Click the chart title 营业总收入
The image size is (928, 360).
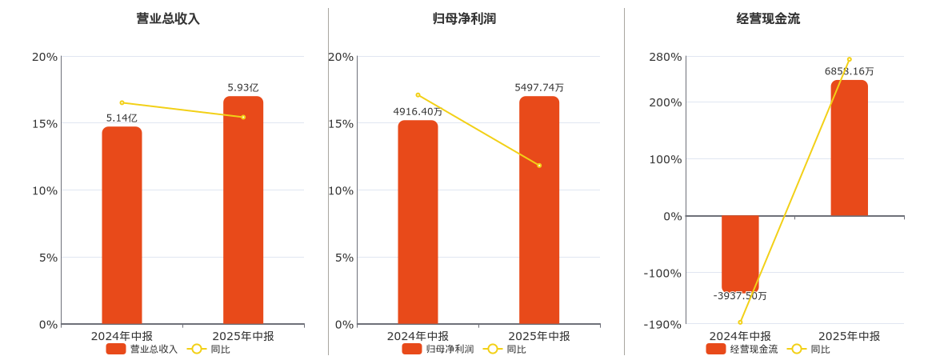[168, 18]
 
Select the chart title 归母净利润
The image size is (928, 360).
[464, 18]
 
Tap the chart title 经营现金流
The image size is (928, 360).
[768, 18]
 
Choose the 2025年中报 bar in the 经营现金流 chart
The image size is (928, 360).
[849, 148]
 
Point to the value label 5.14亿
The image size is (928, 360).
[122, 118]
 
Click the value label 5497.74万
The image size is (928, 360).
[539, 87]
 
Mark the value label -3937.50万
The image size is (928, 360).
[740, 296]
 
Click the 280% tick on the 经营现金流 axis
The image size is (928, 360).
[666, 57]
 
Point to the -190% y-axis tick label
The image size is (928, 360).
[664, 324]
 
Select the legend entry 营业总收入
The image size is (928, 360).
[142, 349]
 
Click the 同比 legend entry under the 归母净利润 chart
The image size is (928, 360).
[506, 349]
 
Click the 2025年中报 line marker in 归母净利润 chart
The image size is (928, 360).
[539, 166]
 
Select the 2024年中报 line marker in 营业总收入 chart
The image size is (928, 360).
[122, 102]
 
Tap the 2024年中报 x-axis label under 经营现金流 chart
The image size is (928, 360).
[740, 336]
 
